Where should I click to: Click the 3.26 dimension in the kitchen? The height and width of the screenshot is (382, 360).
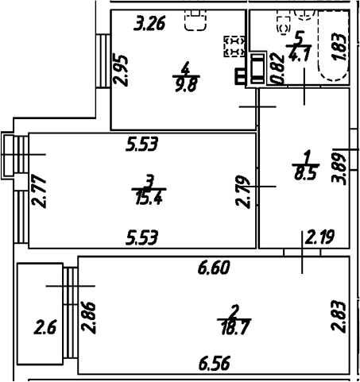[x=149, y=23]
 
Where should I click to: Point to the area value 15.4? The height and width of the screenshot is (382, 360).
[x=149, y=198]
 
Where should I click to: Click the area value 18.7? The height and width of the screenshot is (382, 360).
[x=235, y=328]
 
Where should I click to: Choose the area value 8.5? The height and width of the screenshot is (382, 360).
[x=305, y=173]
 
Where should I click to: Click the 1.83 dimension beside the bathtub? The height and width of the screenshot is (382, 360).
[x=339, y=47]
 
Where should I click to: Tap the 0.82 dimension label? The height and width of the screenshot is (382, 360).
[x=277, y=68]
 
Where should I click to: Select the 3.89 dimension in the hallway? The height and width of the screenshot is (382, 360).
[x=339, y=169]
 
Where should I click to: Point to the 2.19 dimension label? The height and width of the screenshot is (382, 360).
[x=320, y=237]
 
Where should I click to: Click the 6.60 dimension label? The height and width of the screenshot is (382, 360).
[x=214, y=268]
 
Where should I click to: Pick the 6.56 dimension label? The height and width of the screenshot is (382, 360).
[x=215, y=363]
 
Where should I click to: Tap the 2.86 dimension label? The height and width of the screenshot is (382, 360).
[x=88, y=317]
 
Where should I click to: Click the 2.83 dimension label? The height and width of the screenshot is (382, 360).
[x=339, y=316]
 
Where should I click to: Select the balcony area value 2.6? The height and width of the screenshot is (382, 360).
[x=45, y=328]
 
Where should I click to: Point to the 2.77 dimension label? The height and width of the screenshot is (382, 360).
[x=39, y=191]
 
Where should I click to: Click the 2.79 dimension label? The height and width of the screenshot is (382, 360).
[x=243, y=191]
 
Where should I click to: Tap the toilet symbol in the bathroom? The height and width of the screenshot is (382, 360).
[x=284, y=25]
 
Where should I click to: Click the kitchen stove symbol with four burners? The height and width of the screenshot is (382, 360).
[x=234, y=46]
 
